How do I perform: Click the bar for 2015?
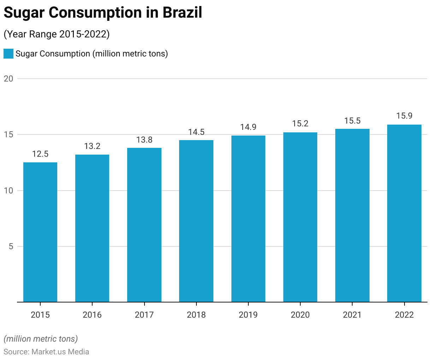click(40, 232)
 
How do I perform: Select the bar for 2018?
click(196, 221)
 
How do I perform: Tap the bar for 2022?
click(404, 213)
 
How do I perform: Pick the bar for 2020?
click(300, 217)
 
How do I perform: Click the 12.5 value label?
click(40, 154)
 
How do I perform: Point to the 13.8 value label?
click(144, 140)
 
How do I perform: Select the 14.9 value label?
click(248, 127)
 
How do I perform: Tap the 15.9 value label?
click(404, 116)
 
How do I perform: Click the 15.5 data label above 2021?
click(352, 121)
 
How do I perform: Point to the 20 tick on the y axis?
click(8, 79)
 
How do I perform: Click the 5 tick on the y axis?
click(11, 246)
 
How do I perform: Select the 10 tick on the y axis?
click(8, 191)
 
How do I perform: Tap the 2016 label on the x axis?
click(92, 315)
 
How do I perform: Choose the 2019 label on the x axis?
click(248, 315)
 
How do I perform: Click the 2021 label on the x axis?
click(352, 315)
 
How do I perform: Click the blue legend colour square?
click(8, 54)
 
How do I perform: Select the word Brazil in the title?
click(182, 13)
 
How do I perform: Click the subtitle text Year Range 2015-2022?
click(57, 34)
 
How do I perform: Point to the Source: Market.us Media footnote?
click(46, 352)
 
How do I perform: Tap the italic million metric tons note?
click(41, 339)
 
